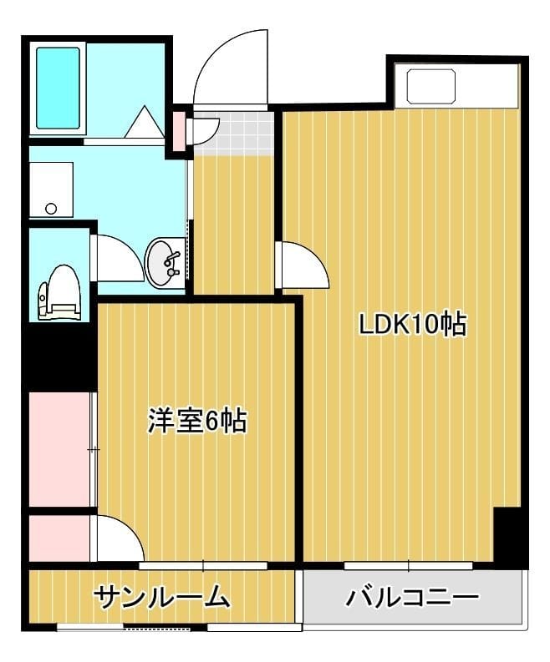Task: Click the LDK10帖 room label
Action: point(412,324)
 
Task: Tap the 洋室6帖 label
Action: point(197,421)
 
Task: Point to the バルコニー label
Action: point(412,597)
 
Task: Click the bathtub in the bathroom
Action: point(58,88)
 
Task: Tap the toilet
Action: point(60,291)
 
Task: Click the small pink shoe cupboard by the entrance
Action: point(179,129)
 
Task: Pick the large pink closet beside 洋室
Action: point(59,448)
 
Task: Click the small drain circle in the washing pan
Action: point(51,209)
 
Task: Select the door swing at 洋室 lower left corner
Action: point(120,539)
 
